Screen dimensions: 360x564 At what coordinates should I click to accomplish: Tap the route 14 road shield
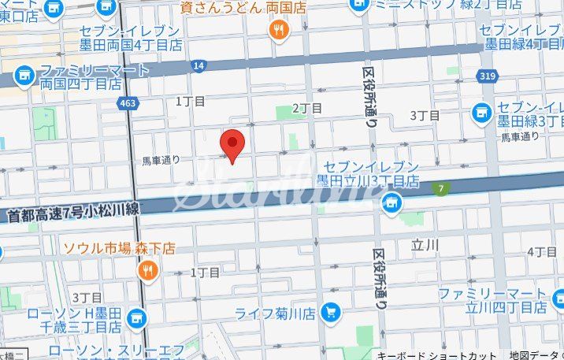tap(199, 65)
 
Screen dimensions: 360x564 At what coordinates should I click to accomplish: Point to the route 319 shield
tap(485, 76)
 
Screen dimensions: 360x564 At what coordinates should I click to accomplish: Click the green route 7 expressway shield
tap(443, 188)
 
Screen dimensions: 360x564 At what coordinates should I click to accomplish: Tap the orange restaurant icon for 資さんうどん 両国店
tap(278, 30)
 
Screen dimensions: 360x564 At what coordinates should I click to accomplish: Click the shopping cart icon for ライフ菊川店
tap(330, 313)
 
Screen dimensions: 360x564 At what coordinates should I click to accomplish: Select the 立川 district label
tap(424, 245)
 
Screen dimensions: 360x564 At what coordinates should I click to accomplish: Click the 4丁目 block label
tap(542, 252)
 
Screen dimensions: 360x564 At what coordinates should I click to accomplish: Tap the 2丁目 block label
tap(307, 108)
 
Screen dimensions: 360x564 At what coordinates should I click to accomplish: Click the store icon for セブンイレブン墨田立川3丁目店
tap(389, 204)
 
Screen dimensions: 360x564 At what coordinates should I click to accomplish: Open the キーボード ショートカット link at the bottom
tap(436, 354)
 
